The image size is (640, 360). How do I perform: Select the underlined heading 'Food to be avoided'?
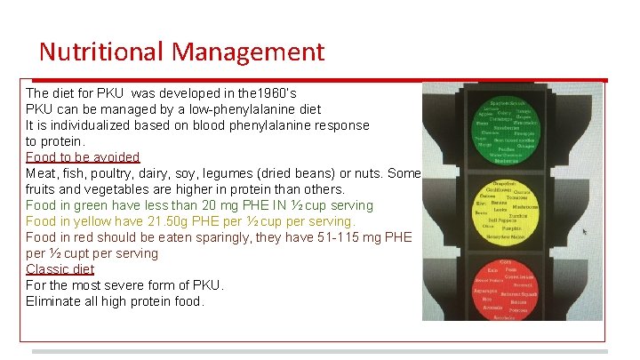tap(83, 157)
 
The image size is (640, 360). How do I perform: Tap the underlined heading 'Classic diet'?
tap(60, 269)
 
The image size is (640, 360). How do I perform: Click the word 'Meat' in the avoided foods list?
tap(41, 173)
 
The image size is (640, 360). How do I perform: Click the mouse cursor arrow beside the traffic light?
tap(584, 232)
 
